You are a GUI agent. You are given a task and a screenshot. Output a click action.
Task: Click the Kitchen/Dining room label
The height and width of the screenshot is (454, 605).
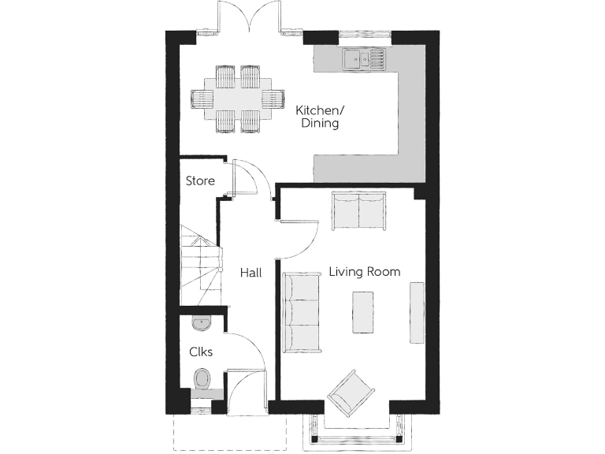[x=317, y=117]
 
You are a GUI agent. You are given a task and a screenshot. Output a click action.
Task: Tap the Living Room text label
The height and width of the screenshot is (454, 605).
[x=364, y=272]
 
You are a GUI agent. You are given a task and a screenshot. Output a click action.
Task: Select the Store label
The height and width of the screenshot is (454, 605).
[x=199, y=181]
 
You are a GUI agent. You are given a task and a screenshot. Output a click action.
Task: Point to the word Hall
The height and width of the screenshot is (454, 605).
[x=251, y=273]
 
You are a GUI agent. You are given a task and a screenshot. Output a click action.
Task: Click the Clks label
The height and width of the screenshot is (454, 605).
[x=200, y=352]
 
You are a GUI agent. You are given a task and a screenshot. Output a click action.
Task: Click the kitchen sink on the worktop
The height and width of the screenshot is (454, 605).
[x=363, y=58]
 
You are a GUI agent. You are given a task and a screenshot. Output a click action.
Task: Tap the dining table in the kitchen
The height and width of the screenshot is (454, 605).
[x=237, y=99]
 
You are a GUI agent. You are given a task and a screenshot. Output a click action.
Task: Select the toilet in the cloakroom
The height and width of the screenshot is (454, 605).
[x=202, y=378]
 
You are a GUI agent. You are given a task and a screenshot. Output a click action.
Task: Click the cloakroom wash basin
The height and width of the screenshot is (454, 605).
[x=200, y=322]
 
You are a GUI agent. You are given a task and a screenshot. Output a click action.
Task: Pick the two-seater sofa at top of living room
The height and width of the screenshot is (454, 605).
[x=358, y=210]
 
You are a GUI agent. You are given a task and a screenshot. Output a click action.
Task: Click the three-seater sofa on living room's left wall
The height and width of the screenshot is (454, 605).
[x=299, y=311]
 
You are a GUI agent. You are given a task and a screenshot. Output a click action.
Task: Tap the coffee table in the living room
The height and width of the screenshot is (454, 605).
[x=362, y=312]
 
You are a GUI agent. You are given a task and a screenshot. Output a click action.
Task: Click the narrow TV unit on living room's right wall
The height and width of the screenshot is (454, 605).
[x=417, y=312]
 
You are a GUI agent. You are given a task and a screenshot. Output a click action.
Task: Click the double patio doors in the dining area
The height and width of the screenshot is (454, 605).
[x=249, y=17]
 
